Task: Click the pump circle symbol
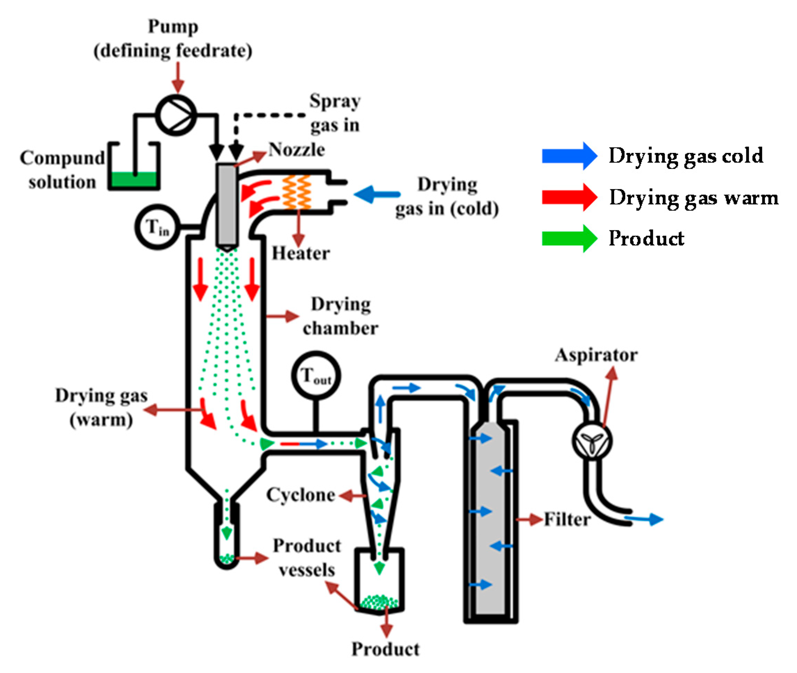176,115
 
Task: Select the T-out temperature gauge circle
316,376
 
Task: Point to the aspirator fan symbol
592,441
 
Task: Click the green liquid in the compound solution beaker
133,179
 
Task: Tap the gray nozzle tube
227,205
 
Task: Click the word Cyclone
301,495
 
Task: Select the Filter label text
567,519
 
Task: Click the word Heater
300,253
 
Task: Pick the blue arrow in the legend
569,156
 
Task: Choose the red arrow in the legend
569,197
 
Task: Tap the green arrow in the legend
569,238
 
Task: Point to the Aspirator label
596,355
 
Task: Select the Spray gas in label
335,113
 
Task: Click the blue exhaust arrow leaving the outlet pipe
645,519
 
